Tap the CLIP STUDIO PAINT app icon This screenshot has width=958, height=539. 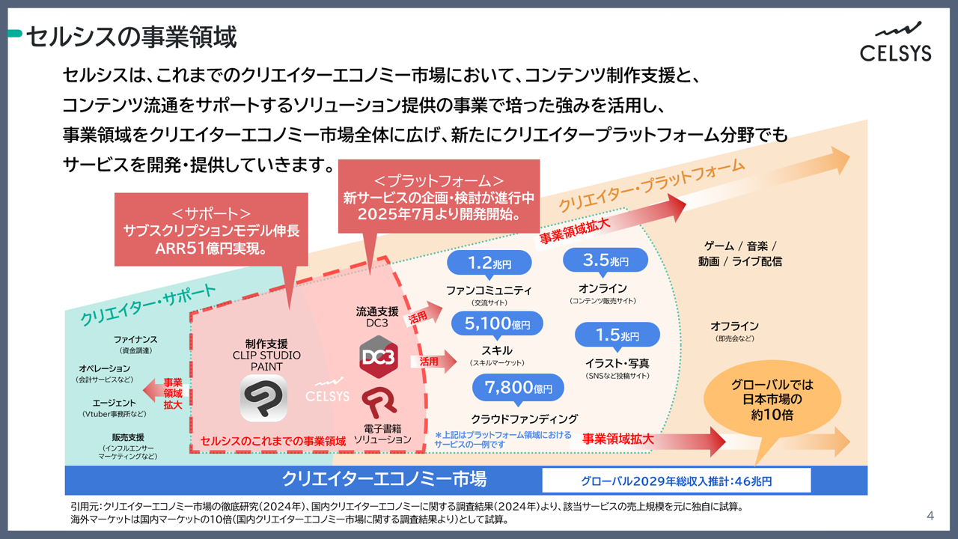pos(263,398)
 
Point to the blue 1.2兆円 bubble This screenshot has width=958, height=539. pos(489,263)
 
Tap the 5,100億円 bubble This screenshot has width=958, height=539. pos(496,324)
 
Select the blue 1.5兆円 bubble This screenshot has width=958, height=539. pos(617,335)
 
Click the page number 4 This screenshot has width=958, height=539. pos(930,515)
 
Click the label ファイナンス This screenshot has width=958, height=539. pos(135,339)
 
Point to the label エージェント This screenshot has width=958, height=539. pos(115,403)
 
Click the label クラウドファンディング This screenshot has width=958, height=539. pos(524,418)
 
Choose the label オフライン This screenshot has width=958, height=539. pos(734,326)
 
